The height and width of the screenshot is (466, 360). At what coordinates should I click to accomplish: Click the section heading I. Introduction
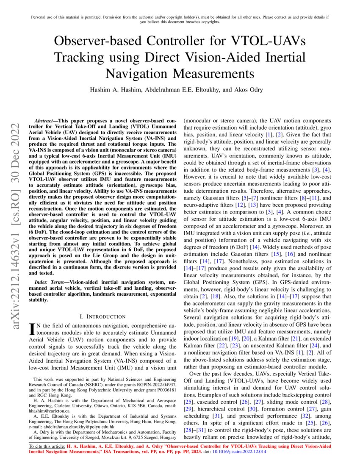(x=102, y=316)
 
